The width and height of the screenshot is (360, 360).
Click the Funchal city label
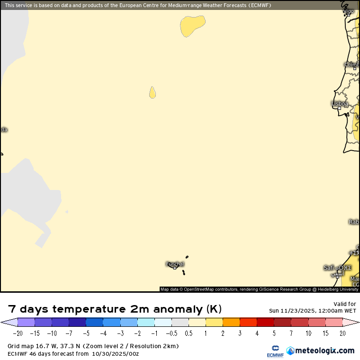click(x=175, y=264)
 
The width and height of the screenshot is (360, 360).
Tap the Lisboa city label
click(x=340, y=104)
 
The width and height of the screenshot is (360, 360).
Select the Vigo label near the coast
click(x=348, y=10)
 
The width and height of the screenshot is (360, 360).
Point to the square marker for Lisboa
click(x=339, y=108)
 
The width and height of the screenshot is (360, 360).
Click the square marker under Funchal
click(x=175, y=268)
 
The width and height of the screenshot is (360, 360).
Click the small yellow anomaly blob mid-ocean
click(x=153, y=92)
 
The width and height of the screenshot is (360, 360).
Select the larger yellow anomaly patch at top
click(x=192, y=25)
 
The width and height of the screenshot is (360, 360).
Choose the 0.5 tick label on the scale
click(x=188, y=333)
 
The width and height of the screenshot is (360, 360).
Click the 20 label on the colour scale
click(x=342, y=333)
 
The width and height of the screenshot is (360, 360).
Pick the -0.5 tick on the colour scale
click(x=171, y=333)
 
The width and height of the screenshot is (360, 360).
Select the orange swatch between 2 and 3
click(x=231, y=323)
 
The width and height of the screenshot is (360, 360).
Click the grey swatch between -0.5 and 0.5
click(x=180, y=323)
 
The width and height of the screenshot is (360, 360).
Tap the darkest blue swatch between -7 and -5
click(x=77, y=323)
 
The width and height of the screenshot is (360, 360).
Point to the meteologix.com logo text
click(x=324, y=351)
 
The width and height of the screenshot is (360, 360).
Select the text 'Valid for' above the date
click(x=345, y=304)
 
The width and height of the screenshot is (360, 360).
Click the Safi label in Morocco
click(x=329, y=268)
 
